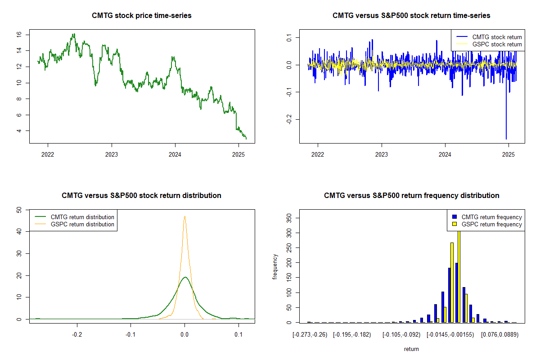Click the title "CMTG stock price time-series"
(142, 16)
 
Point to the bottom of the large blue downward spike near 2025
(506, 139)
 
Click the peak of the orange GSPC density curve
(184, 216)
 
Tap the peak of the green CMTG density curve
(184, 277)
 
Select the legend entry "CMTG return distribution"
(82, 217)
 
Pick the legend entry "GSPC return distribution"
(82, 224)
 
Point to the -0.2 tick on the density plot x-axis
(77, 334)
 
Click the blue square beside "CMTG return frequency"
(455, 217)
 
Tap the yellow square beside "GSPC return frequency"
(455, 224)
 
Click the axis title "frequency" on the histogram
(275, 267)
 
